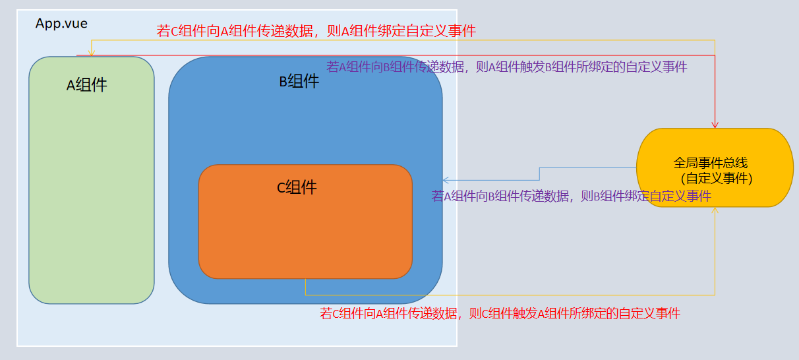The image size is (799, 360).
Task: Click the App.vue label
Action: pos(61,24)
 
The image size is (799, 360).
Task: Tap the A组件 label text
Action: pos(86,85)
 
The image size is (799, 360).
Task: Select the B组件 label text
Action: pos(299,81)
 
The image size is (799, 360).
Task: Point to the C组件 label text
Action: pos(297,187)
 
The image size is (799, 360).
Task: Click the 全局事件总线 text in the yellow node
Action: pos(711,163)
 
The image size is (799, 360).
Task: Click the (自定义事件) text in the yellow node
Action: pos(717,179)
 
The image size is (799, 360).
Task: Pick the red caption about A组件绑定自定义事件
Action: pos(316,31)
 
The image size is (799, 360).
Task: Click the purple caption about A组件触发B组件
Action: pos(507,67)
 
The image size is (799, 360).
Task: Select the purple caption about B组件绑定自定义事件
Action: pos(572,196)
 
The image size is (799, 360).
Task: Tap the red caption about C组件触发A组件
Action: pos(500,314)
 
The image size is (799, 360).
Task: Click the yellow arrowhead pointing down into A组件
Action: pos(92,53)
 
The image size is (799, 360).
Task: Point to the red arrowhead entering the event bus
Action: pos(715,125)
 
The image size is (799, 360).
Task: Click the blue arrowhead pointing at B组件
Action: pos(446,180)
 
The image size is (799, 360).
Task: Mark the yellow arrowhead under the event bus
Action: pos(715,210)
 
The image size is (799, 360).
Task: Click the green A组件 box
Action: pos(92,180)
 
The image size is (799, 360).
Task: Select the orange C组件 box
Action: pos(305,222)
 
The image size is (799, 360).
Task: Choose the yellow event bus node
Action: pos(715,167)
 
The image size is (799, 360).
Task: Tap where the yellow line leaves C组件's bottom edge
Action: pos(305,279)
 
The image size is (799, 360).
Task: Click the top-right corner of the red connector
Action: pos(715,55)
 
